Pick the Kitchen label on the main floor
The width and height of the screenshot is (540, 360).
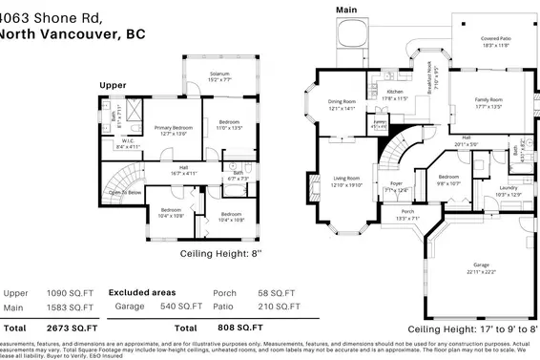click(395, 94)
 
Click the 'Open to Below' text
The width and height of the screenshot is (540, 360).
click(125, 192)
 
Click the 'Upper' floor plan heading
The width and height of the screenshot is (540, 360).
click(114, 85)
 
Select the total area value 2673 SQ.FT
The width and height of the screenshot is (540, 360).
click(74, 324)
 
